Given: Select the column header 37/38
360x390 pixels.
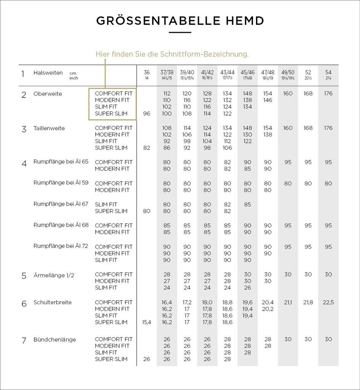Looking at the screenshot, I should (167, 72).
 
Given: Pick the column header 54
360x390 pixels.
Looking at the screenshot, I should (328, 72).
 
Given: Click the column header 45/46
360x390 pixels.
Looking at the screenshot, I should (248, 72).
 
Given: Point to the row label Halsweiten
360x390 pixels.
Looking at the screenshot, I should (48, 73).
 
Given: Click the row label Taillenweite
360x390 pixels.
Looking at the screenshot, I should (49, 128).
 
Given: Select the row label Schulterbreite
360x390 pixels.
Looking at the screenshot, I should (53, 302).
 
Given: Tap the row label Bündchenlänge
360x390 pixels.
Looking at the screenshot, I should (54, 339).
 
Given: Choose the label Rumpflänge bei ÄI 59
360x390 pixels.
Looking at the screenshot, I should (61, 183).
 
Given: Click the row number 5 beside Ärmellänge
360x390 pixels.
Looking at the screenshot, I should (24, 275).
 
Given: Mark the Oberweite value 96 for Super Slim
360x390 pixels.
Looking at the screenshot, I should (147, 113).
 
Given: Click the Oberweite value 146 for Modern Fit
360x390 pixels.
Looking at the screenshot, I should (268, 100).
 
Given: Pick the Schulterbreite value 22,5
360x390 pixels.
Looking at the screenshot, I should (328, 302).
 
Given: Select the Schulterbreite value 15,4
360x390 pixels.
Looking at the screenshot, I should (147, 322).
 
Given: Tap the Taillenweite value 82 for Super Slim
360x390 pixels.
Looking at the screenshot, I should (147, 148).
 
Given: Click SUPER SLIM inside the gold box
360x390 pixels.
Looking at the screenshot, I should (111, 113).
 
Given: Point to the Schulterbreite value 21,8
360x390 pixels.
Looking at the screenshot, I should (308, 302).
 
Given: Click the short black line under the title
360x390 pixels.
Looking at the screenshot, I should (180, 33).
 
